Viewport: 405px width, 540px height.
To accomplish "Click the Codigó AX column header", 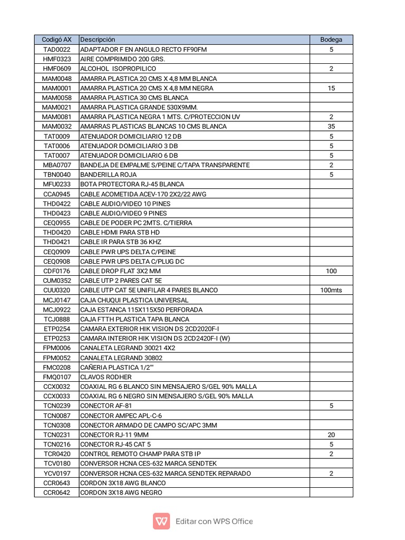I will click(56, 40).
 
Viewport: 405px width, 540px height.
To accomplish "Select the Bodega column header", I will click(331, 40).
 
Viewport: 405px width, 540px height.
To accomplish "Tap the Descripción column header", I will click(98, 40).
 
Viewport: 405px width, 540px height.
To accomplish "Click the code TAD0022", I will click(56, 50).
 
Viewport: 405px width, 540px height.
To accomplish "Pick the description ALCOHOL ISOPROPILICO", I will click(118, 69).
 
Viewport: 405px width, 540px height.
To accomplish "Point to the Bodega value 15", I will click(331, 88).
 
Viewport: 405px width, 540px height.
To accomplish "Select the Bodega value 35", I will click(331, 127).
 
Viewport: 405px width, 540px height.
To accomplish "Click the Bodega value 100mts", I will click(331, 290).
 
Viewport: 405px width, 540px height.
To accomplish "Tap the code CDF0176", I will click(56, 271).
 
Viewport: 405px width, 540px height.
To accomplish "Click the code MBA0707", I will click(56, 165).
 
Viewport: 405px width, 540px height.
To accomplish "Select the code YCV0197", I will click(56, 474).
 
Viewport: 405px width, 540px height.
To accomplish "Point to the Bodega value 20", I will click(331, 435).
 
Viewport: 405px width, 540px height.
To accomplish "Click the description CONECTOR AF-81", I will click(106, 406).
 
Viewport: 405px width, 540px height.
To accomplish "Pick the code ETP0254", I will click(56, 329).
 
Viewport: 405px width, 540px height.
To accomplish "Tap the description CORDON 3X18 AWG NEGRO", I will click(121, 493).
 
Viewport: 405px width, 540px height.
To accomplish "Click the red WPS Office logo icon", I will click(161, 522).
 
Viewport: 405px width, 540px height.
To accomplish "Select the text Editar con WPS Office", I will click(214, 522).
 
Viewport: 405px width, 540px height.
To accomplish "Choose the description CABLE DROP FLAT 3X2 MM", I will click(120, 271).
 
